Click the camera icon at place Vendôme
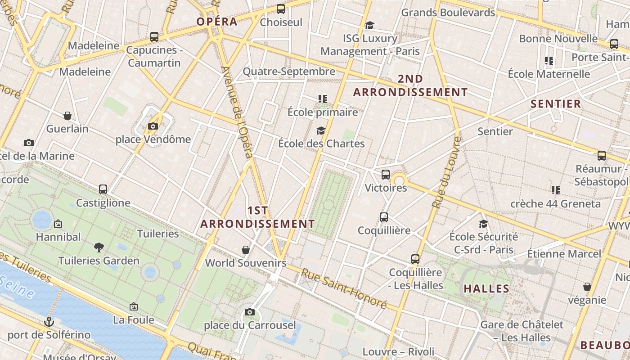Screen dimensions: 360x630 (x=153, y=126)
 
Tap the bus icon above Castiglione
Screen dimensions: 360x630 (x=103, y=189)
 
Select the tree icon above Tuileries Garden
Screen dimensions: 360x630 (x=99, y=247)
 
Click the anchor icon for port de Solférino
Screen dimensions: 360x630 (x=49, y=321)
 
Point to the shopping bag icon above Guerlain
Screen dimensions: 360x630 (x=67, y=116)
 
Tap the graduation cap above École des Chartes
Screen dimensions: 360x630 (x=321, y=130)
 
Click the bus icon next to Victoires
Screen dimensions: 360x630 (x=386, y=175)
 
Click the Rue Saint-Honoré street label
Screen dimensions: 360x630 (x=344, y=288)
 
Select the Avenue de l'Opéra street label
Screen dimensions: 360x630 (x=237, y=112)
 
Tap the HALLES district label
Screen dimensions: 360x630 (x=486, y=289)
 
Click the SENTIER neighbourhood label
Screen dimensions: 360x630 (x=556, y=104)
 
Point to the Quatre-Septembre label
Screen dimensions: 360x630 (x=289, y=72)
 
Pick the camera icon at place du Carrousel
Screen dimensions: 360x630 (x=250, y=312)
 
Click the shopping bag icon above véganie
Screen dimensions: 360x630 (x=587, y=287)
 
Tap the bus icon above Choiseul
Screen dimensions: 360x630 (x=281, y=9)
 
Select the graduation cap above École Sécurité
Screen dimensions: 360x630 (x=483, y=224)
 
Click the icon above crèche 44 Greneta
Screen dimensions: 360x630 (x=555, y=190)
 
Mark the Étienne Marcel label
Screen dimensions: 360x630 (x=564, y=254)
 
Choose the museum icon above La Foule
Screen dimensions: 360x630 (x=134, y=306)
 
